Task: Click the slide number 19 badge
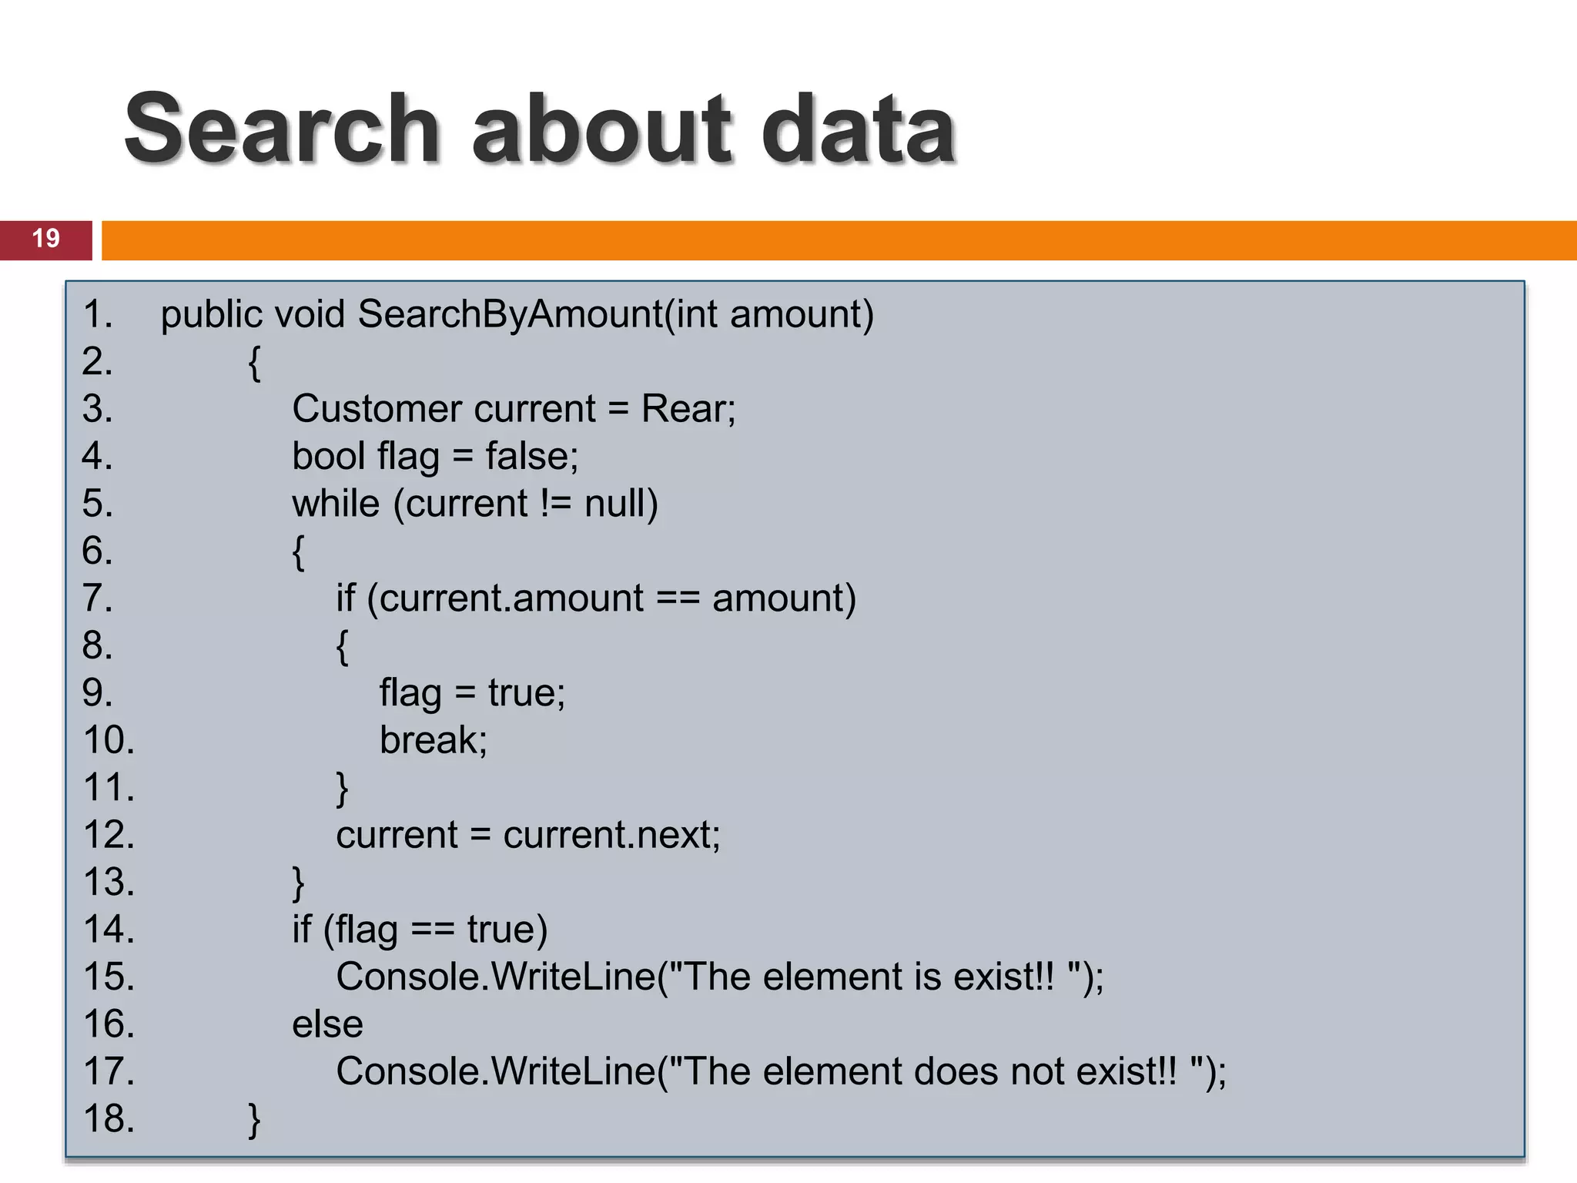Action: tap(46, 239)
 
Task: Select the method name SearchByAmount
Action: tap(510, 314)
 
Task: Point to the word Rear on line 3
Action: tap(688, 409)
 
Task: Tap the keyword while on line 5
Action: tap(336, 504)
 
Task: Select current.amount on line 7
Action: tap(511, 598)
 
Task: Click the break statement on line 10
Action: tap(433, 740)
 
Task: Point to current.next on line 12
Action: tap(611, 835)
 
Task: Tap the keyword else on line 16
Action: tap(327, 1024)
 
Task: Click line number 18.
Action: tap(109, 1118)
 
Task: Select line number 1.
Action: tap(98, 314)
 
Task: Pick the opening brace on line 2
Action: tap(254, 363)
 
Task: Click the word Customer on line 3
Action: tap(376, 409)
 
